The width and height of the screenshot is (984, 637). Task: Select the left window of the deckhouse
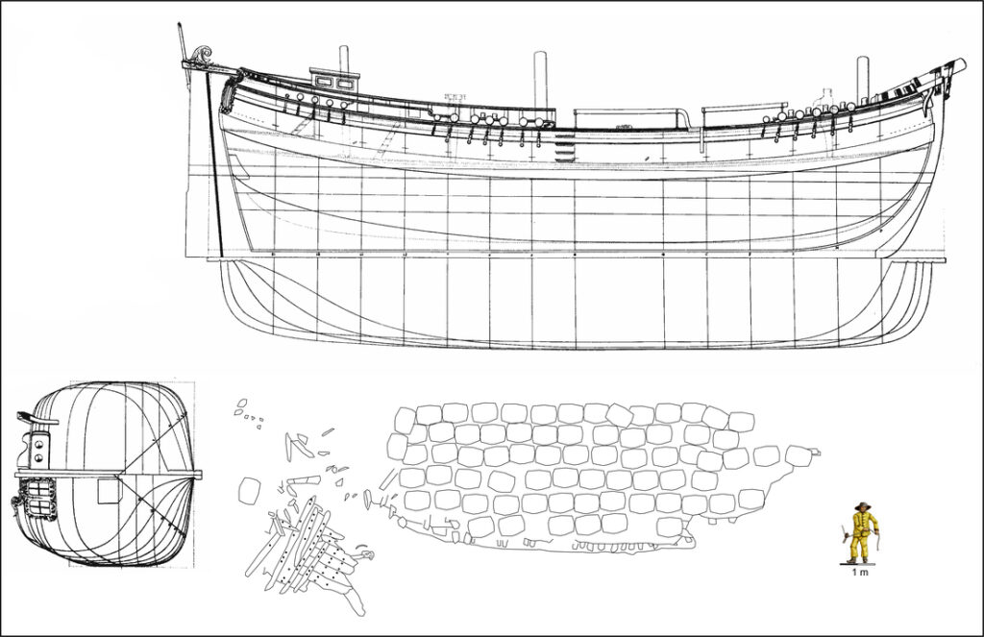(325, 81)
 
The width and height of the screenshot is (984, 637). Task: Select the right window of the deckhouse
(344, 83)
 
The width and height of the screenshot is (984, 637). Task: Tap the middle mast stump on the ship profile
(540, 80)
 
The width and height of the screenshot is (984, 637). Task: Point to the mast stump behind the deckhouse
(343, 59)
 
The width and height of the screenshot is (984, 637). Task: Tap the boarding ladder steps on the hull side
(565, 148)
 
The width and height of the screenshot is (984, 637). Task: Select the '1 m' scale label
(860, 573)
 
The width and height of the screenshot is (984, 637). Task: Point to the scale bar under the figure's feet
(857, 565)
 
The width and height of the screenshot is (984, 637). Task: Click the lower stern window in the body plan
(40, 505)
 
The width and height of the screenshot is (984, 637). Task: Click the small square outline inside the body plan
(108, 490)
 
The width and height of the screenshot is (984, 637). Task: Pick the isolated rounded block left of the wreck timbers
(250, 490)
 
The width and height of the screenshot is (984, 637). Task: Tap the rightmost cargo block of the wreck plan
(799, 455)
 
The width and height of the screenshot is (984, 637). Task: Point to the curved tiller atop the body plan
(28, 416)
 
